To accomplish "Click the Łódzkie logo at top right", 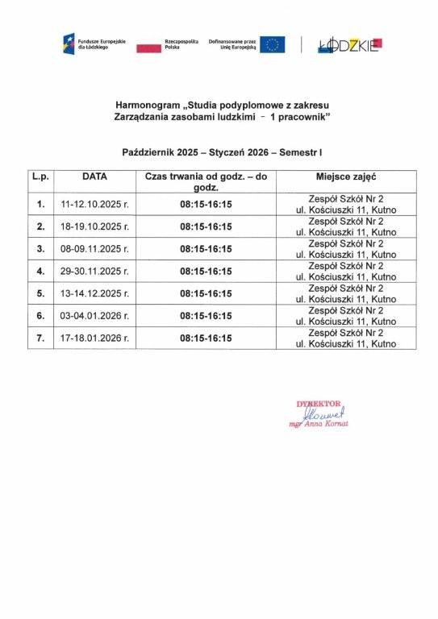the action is [x=350, y=45].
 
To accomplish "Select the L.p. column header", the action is [x=40, y=176].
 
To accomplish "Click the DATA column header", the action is [x=94, y=176].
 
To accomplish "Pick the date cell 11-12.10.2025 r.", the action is [x=94, y=204].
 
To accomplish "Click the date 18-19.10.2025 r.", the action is [x=94, y=226].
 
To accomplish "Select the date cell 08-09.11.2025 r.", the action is [x=94, y=249].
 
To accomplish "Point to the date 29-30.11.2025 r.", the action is [x=94, y=272].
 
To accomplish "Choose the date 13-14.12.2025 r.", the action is [x=94, y=293].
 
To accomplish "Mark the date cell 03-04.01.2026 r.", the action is [x=94, y=316].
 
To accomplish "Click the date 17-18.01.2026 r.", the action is [x=94, y=339].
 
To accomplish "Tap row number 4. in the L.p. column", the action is [x=40, y=272].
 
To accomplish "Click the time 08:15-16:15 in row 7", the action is [x=206, y=339].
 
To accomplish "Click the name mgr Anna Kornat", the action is [x=319, y=423].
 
